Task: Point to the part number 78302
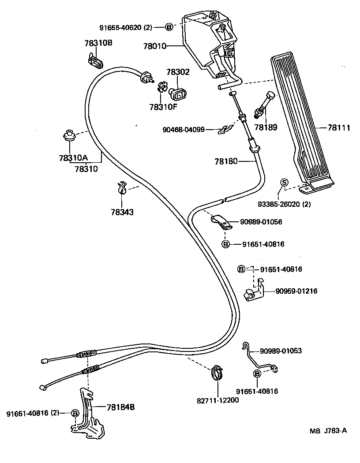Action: pos(178,72)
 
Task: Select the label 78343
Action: pos(122,212)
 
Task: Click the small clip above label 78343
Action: pos(122,189)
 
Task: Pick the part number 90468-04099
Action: pos(190,130)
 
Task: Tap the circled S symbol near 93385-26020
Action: pos(284,183)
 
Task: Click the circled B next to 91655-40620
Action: pos(169,27)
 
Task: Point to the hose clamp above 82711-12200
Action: pos(216,373)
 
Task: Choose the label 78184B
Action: pos(120,407)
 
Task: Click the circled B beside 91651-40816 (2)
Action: pos(75,413)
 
